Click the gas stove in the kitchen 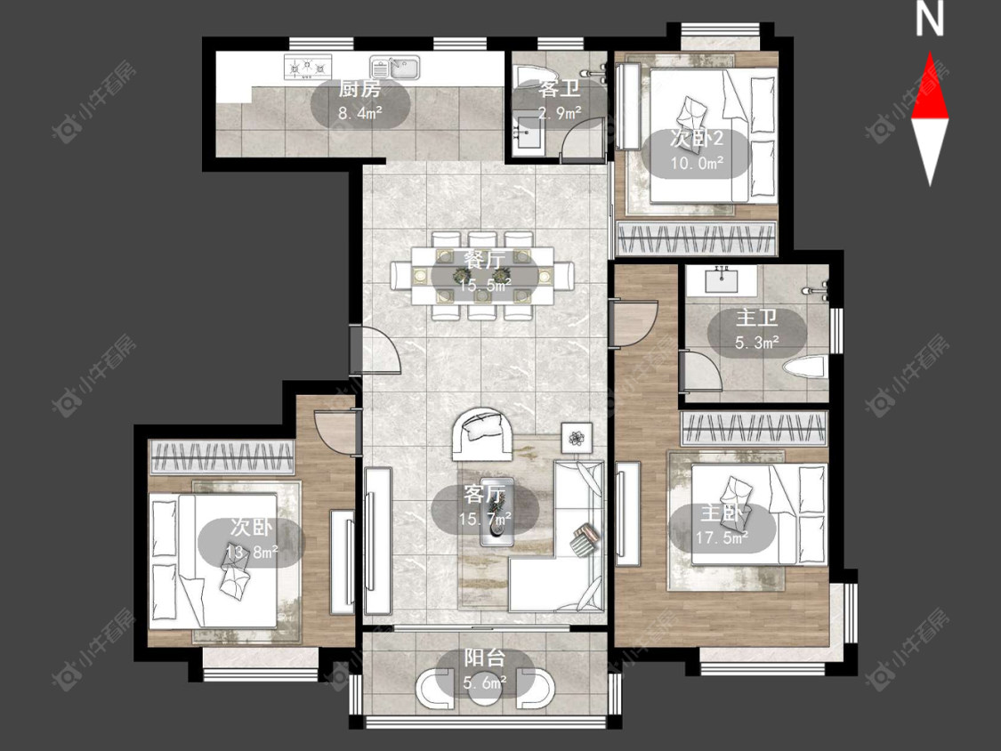(x=309, y=68)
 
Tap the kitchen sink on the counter (x=395, y=67)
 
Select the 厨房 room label (x=359, y=89)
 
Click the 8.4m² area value (x=360, y=114)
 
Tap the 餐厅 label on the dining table (x=484, y=260)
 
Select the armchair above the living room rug (x=482, y=433)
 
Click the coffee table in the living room (x=496, y=512)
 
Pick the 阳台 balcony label (x=485, y=658)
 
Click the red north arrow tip (x=930, y=53)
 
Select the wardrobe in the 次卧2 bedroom (x=697, y=238)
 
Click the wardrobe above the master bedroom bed (x=754, y=428)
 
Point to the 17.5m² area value (x=722, y=538)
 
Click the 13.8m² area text (x=252, y=552)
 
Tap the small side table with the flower (x=577, y=438)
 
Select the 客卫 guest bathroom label (x=560, y=88)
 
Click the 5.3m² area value (x=756, y=343)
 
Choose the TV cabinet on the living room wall (x=377, y=541)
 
